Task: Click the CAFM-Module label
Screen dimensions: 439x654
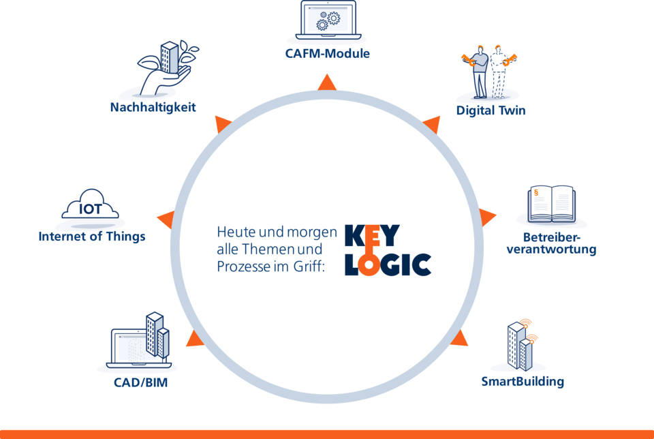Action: click(x=327, y=52)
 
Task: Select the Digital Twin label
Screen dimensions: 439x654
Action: click(x=490, y=110)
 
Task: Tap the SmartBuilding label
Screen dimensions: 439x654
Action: click(x=523, y=381)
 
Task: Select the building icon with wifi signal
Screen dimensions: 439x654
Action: click(x=521, y=346)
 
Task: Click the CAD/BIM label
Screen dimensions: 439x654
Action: click(x=140, y=382)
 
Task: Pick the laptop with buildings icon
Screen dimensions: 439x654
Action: click(x=142, y=341)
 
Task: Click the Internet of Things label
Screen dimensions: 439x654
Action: click(x=92, y=237)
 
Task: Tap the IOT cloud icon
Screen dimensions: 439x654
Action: click(x=91, y=207)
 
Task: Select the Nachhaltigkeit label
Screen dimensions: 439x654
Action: click(x=153, y=107)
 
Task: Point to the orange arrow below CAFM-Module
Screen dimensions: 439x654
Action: click(x=327, y=83)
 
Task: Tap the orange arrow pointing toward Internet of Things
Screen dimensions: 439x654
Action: click(x=166, y=220)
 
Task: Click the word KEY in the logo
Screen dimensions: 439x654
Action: click(x=373, y=235)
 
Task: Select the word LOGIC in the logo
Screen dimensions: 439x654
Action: click(x=388, y=264)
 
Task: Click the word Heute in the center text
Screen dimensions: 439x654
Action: click(x=232, y=232)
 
